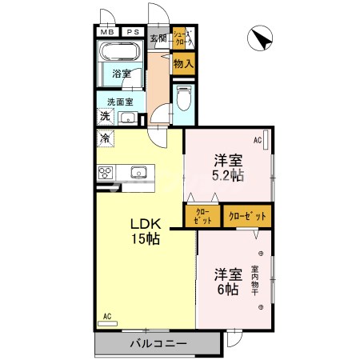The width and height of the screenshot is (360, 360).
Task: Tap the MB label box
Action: (106, 33)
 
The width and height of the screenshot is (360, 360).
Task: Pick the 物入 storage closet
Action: (183, 63)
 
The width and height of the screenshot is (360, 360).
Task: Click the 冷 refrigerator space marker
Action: (105, 138)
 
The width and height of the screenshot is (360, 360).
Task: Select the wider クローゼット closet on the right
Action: (246, 216)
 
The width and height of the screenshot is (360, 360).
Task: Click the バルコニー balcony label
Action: (158, 345)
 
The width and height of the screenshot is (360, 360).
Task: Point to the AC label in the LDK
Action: (106, 317)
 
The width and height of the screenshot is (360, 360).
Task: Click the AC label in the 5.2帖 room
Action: (258, 141)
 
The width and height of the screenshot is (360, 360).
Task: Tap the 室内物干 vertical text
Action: (255, 281)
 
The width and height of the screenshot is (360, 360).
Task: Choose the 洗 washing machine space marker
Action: (105, 117)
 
